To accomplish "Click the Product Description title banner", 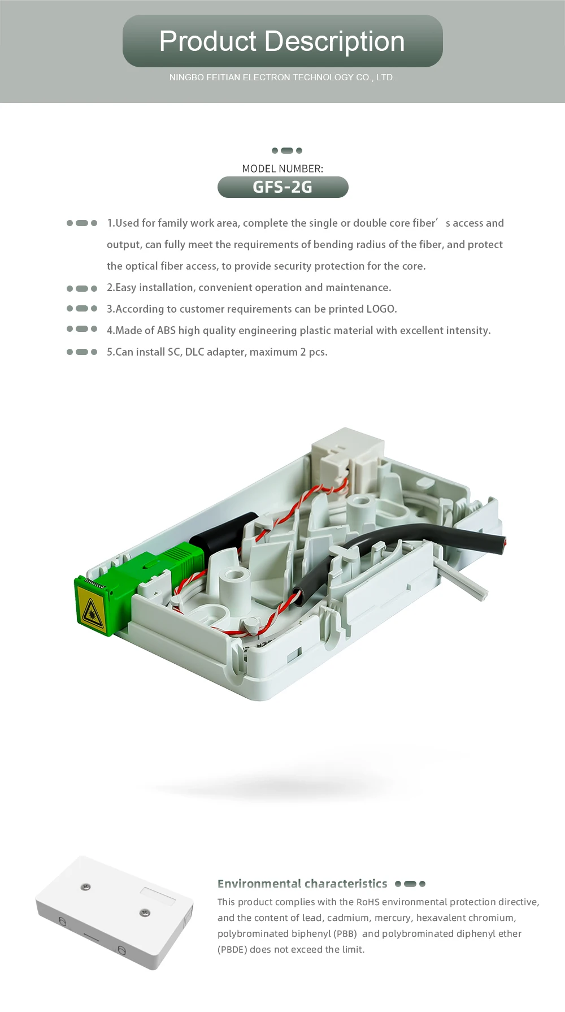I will [282, 41].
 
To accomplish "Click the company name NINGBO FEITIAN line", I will [282, 77].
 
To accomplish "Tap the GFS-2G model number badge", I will [282, 187].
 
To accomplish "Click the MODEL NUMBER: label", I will [282, 168].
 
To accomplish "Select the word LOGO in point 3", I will [381, 309].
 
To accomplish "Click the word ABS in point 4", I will [166, 331].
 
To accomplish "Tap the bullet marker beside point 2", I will [82, 288].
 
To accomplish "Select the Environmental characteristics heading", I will [302, 884].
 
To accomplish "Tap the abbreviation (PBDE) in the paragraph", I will [232, 950].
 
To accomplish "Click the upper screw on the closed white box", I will [85, 886].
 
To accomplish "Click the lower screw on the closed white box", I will [145, 912].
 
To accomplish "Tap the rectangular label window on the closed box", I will [158, 897].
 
